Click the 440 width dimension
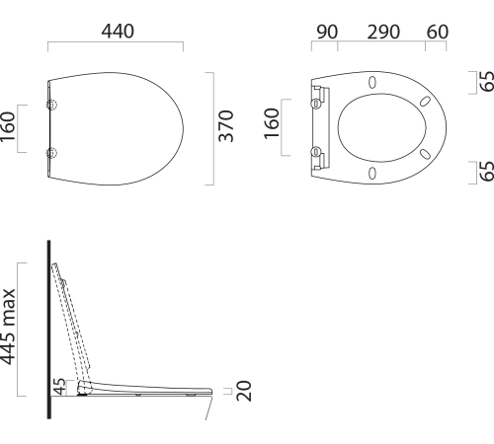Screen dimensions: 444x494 (116, 31)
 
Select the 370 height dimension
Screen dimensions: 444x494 (226, 128)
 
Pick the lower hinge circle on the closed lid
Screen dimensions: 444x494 (52, 152)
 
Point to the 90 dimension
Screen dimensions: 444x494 (325, 31)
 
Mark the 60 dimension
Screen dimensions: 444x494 (436, 31)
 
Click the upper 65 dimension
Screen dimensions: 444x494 (485, 81)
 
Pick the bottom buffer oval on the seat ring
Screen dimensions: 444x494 (372, 174)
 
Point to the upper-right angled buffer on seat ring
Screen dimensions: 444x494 (424, 101)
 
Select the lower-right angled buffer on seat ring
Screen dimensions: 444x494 (424, 154)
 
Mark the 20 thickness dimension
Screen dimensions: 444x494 (244, 391)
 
